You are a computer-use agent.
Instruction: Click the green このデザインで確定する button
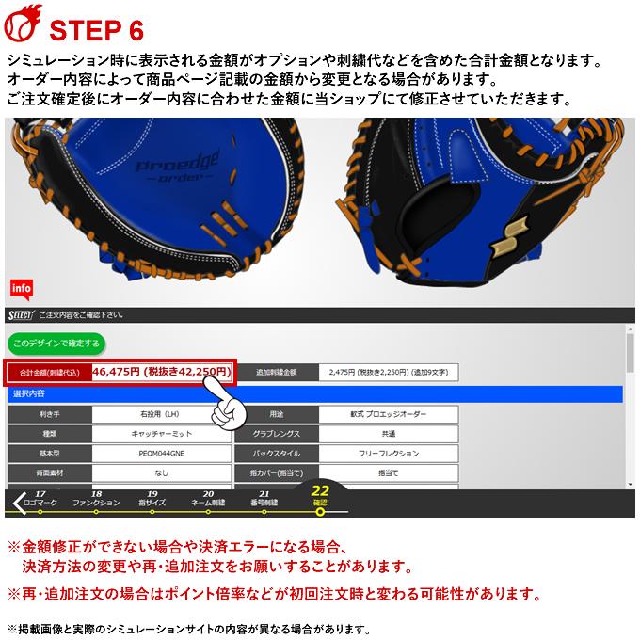pos(55,344)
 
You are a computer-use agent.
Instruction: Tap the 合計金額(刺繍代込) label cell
pos(49,373)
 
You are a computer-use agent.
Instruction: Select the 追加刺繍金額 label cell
pos(276,373)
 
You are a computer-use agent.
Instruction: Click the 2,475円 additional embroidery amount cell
pos(388,373)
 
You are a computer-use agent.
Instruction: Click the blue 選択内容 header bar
pos(314,393)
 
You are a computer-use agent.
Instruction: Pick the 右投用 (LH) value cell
pos(159,414)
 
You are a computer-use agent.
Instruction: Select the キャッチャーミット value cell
pos(159,434)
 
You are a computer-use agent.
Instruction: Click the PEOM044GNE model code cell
pos(159,454)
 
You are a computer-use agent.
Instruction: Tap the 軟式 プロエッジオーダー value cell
pos(389,414)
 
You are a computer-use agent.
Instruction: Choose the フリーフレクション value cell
pos(389,454)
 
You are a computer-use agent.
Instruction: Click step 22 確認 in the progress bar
pos(320,496)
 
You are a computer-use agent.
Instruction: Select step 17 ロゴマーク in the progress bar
pos(40,499)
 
